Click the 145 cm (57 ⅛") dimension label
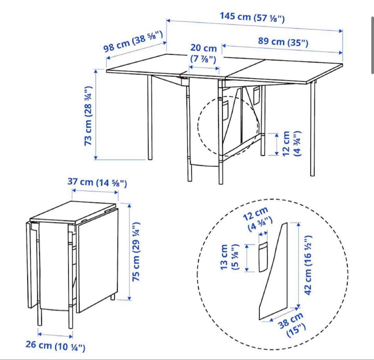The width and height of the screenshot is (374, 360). click(x=252, y=17)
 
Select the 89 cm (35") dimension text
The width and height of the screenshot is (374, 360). click(x=283, y=42)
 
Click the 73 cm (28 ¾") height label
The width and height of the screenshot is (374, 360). click(x=88, y=116)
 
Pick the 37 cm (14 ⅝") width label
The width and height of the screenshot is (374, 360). click(x=97, y=182)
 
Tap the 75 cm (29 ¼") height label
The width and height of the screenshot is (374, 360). click(x=136, y=252)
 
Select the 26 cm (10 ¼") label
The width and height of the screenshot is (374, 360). click(x=55, y=346)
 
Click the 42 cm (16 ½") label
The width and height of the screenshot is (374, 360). click(x=308, y=265)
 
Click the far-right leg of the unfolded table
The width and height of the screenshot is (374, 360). click(x=312, y=129)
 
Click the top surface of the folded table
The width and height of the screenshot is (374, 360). click(x=73, y=212)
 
